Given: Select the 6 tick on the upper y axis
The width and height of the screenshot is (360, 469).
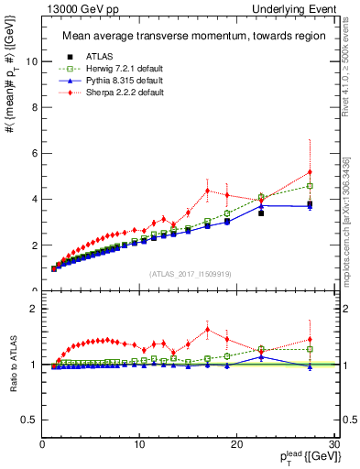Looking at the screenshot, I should tap(36, 153).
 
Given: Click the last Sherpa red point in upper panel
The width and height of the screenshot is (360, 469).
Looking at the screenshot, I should tap(311, 172).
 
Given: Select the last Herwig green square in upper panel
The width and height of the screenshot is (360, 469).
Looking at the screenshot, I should tap(311, 186).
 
